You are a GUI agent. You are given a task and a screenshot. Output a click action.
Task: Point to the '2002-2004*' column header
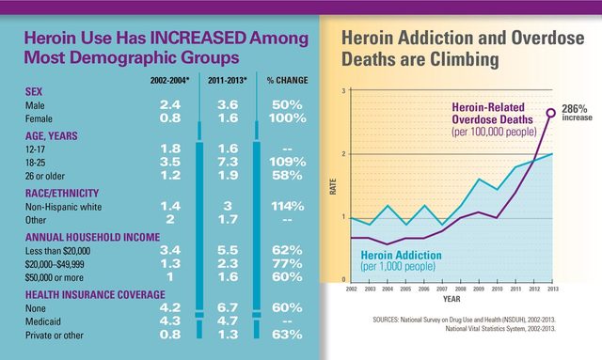click(170, 81)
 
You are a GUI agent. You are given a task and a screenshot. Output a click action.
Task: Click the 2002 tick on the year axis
click(350, 287)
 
